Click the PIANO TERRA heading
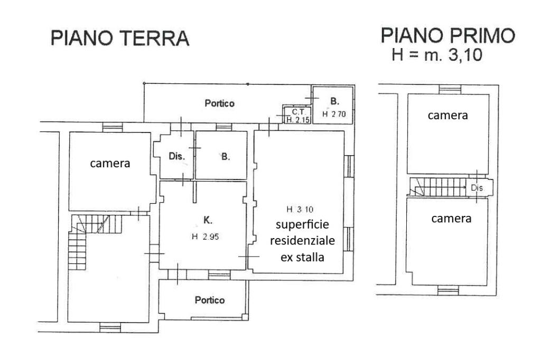[120, 39]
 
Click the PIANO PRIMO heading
[448, 35]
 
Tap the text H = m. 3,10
[437, 55]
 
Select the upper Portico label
[219, 103]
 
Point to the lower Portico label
[210, 300]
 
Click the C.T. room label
[299, 112]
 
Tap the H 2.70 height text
[334, 114]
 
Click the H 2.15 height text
[299, 120]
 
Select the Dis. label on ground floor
[176, 156]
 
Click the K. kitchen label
[208, 220]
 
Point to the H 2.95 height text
[206, 236]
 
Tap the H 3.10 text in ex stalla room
[300, 209]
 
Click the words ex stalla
[302, 257]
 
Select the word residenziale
[302, 240]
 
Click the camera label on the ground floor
[110, 164]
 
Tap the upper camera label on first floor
[448, 116]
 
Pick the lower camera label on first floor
[451, 219]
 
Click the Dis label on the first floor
[477, 188]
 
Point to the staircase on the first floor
[437, 187]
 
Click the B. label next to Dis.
[225, 157]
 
